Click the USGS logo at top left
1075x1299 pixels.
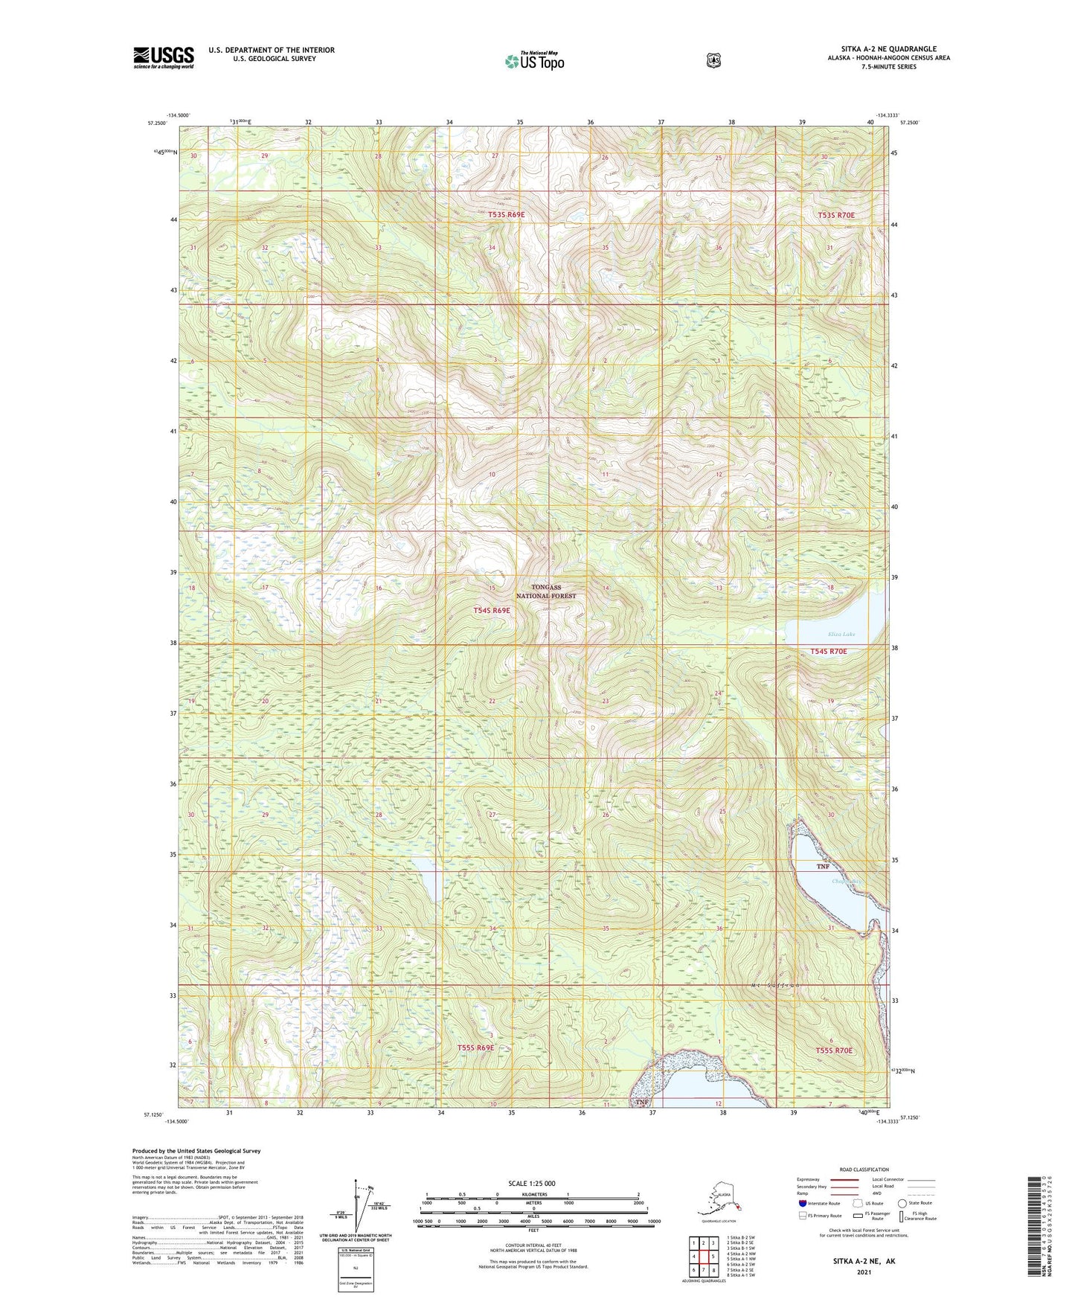tap(164, 57)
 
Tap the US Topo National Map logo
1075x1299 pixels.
tap(534, 60)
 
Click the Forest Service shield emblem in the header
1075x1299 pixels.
tap(713, 60)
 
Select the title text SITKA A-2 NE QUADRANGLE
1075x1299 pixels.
tap(888, 49)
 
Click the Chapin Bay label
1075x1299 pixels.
tap(847, 882)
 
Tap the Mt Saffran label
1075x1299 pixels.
tap(776, 985)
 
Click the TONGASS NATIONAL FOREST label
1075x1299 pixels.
tap(546, 591)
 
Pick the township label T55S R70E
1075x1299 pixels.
tap(833, 1051)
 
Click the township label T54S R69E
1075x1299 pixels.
tap(492, 610)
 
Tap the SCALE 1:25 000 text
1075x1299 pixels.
tap(531, 1183)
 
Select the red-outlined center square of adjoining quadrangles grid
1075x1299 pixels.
tap(703, 1256)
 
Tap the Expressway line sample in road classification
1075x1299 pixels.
tap(844, 1179)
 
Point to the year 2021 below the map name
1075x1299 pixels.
tap(864, 1271)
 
